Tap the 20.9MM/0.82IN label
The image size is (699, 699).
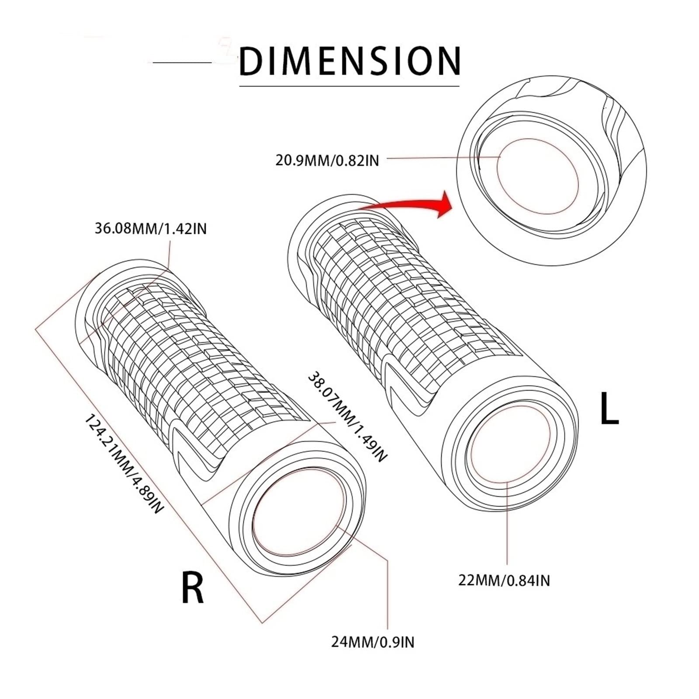[x=327, y=160]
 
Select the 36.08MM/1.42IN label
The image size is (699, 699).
[x=151, y=228]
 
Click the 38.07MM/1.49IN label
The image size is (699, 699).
[x=348, y=417]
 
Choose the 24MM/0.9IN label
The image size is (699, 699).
[x=373, y=642]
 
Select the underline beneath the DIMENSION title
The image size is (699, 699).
[x=349, y=86]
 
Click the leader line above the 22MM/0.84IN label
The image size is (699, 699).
[x=507, y=522]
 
